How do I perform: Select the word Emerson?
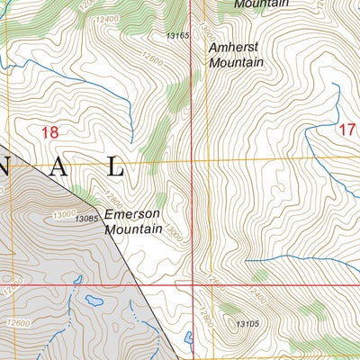tap(131, 214)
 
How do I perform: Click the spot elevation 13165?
tap(178, 36)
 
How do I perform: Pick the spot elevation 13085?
tap(86, 219)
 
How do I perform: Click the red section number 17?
tap(347, 129)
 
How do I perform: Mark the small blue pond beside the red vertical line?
tap(188, 338)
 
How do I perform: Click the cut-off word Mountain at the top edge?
tap(261, 4)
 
